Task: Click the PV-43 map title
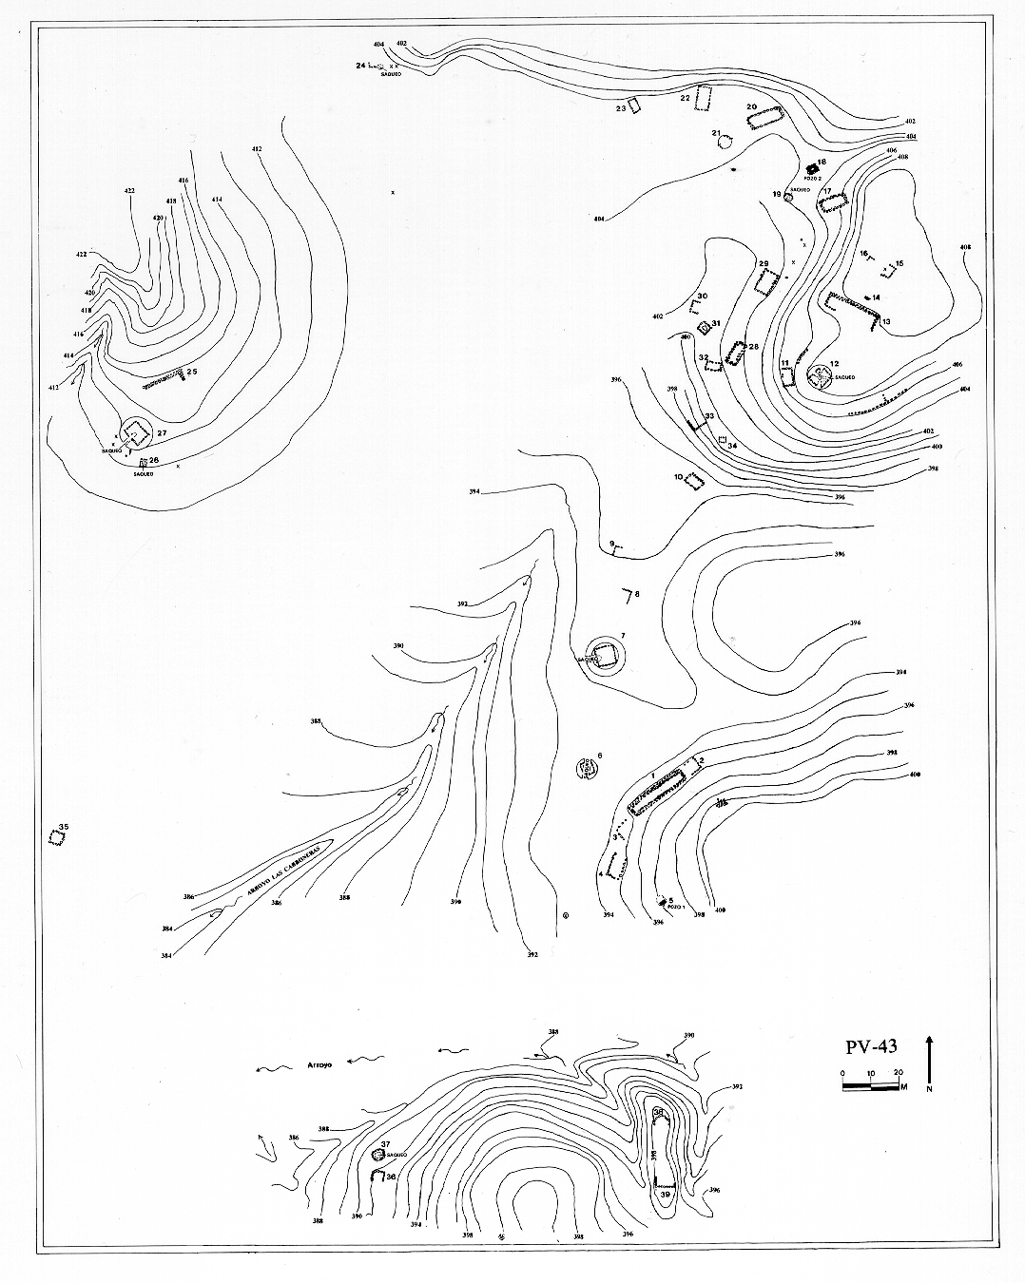point(871,1047)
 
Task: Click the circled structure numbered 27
point(136,433)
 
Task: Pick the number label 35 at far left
point(64,828)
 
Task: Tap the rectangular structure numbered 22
point(705,99)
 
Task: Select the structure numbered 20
point(765,119)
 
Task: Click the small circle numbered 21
point(725,143)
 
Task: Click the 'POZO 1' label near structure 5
point(676,907)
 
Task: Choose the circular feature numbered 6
point(589,768)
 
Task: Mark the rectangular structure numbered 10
point(695,482)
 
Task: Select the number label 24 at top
point(360,66)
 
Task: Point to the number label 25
point(191,372)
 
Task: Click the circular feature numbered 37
point(377,1155)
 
